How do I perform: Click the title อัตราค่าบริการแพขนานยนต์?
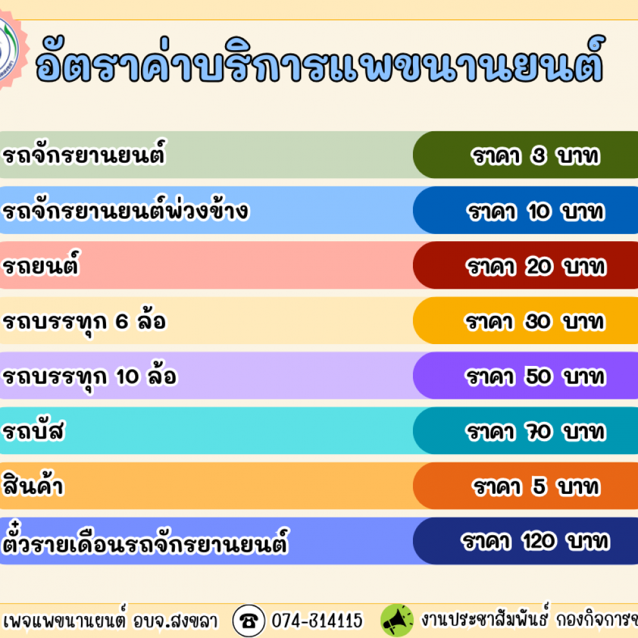(x=320, y=60)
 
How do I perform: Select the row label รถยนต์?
(x=41, y=264)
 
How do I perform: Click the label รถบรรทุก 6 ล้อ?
(x=84, y=321)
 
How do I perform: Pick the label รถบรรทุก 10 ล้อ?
(x=90, y=376)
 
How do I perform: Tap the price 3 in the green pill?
(x=538, y=156)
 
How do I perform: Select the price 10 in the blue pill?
(x=539, y=212)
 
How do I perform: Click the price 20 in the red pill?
(x=539, y=267)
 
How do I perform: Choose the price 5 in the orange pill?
(x=539, y=486)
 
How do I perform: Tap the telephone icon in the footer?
(x=249, y=621)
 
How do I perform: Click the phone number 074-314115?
(x=317, y=621)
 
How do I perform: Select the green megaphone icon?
(x=397, y=621)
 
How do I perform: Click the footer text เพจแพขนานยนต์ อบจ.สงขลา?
(x=110, y=620)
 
